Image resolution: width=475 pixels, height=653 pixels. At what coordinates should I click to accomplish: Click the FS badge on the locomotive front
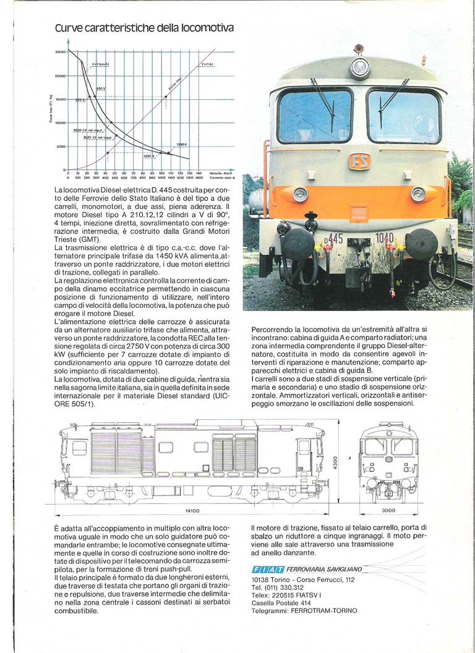(x=359, y=161)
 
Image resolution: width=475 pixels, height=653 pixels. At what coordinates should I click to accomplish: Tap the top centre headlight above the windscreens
(x=359, y=67)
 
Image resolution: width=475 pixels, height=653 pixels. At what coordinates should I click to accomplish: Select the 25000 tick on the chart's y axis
(x=60, y=52)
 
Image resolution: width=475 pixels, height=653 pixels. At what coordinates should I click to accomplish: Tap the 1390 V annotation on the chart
(x=181, y=145)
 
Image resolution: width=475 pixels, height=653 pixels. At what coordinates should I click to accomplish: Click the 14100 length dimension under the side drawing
(x=192, y=511)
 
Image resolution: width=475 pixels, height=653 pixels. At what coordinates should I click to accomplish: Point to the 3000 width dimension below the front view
(x=387, y=511)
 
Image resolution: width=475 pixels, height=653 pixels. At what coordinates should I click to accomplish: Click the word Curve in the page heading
(x=68, y=28)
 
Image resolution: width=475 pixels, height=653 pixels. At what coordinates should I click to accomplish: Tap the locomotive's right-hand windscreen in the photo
(x=403, y=116)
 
